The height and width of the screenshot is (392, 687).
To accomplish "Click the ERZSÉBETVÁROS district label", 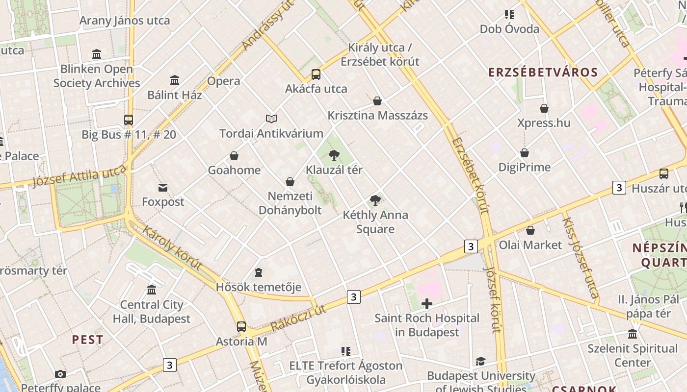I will click(x=543, y=73).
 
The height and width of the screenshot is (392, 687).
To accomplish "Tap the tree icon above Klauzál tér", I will click(x=334, y=155).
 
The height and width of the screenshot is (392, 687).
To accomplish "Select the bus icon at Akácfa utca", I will click(x=316, y=74).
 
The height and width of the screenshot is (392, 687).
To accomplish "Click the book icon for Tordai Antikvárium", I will click(x=271, y=119).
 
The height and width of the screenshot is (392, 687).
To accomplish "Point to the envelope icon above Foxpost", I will click(x=163, y=187).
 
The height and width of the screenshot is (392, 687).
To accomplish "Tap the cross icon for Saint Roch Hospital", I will click(x=427, y=304).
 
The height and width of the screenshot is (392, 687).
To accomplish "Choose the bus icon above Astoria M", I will click(x=241, y=326).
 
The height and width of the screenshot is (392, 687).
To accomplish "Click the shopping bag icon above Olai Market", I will click(x=530, y=230).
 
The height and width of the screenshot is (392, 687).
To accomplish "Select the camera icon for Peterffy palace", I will click(x=60, y=374).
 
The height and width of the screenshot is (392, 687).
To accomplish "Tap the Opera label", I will click(x=224, y=81).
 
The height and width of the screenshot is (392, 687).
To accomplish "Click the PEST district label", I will click(x=88, y=340).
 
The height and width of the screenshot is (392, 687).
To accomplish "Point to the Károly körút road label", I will click(x=172, y=247).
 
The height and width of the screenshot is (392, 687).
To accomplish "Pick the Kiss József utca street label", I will click(x=581, y=258).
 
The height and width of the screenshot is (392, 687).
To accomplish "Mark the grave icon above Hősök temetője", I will click(x=259, y=272).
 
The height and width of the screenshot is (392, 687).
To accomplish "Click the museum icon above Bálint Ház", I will click(x=175, y=80).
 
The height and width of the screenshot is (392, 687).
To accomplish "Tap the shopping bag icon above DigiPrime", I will click(x=525, y=153).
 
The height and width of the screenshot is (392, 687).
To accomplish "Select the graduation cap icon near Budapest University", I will click(x=480, y=362).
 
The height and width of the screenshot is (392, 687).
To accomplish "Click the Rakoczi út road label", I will click(x=298, y=318).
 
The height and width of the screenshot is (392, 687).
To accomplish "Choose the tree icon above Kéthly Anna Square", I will click(x=375, y=200).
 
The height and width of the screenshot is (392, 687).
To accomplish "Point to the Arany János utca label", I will click(x=125, y=21).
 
